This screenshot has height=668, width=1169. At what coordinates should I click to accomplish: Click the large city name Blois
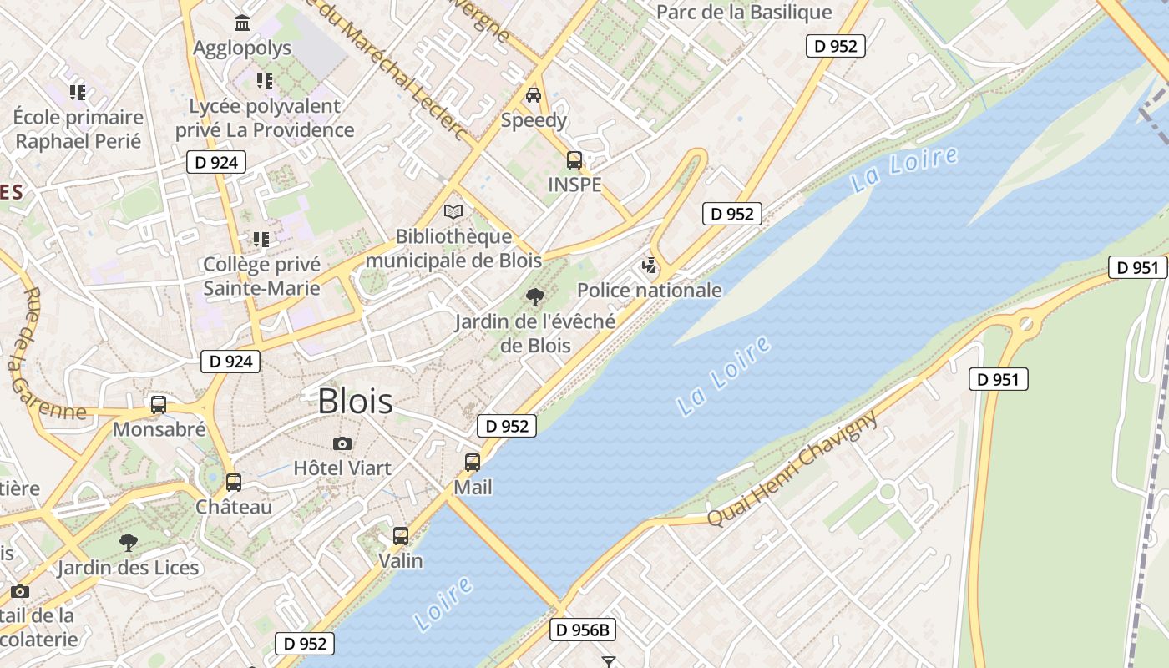[x=355, y=402]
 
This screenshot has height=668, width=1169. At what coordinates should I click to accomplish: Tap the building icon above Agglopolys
[x=242, y=23]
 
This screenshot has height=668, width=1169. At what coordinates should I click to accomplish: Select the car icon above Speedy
[x=533, y=95]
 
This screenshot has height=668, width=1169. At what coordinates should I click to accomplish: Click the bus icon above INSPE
[x=574, y=160]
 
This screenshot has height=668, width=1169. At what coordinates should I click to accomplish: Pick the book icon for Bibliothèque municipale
[x=453, y=212]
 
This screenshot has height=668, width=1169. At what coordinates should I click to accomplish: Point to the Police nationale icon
[x=649, y=266]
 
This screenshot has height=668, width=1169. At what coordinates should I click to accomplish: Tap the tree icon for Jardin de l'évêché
[x=534, y=296]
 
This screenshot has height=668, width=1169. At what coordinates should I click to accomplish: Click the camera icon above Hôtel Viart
[x=342, y=443]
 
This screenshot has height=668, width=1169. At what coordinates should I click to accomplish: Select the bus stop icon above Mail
[x=473, y=463]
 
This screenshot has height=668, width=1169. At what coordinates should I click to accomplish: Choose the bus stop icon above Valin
[x=401, y=536]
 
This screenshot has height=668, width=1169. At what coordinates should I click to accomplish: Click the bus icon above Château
[x=234, y=483]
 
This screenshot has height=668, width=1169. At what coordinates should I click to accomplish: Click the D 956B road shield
[x=582, y=630]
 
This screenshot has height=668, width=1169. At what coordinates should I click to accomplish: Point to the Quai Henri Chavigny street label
[x=792, y=468]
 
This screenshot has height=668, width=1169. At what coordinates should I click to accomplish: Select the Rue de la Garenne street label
[x=41, y=356]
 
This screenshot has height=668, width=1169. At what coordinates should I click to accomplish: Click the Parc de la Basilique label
[x=744, y=13]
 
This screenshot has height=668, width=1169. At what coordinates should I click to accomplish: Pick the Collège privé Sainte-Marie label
[x=262, y=276]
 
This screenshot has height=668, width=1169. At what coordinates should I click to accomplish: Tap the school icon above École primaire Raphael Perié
[x=78, y=92]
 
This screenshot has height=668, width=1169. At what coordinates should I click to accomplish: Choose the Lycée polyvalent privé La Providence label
[x=265, y=118]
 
